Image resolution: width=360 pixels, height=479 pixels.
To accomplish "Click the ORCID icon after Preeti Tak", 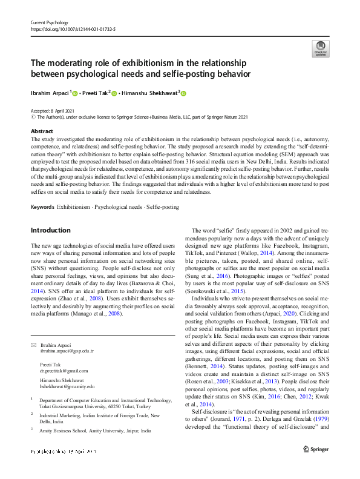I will pyautogui.click(x=113, y=93).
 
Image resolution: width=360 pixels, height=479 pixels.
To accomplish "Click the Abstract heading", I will pyautogui.click(x=41, y=131).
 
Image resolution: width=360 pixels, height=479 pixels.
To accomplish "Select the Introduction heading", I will pyautogui.click(x=50, y=230).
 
